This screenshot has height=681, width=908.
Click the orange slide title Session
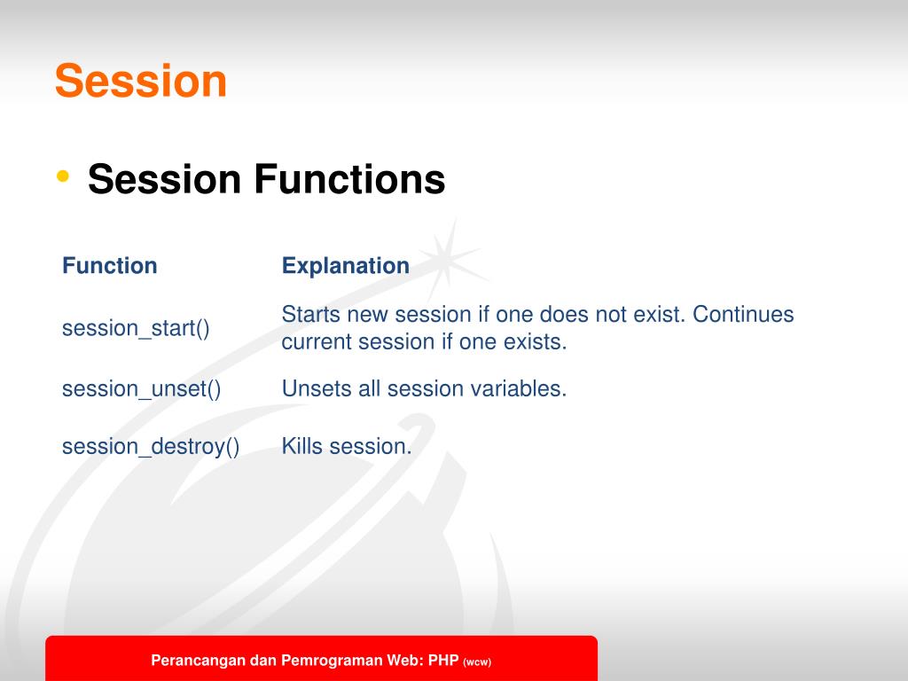point(141,81)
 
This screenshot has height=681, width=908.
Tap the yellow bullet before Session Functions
point(63,176)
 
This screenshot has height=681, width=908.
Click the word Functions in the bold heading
point(349,179)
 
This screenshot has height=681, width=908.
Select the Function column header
point(109,266)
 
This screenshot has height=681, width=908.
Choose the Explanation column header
point(346,266)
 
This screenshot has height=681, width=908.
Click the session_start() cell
point(136,328)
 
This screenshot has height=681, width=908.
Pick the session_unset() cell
point(141,388)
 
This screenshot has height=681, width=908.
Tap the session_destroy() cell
point(151,447)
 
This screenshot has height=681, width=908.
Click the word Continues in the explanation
point(743,315)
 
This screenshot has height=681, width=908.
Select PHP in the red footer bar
point(443,660)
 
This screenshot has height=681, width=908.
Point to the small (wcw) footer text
point(477,661)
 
